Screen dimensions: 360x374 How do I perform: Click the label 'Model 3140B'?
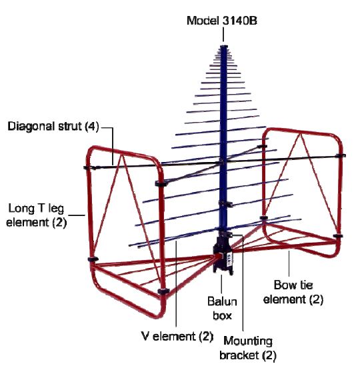point(221,21)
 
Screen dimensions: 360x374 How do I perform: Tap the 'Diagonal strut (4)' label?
point(53,126)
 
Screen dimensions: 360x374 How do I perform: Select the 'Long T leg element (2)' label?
point(36,215)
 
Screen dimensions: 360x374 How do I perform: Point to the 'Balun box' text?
point(222,309)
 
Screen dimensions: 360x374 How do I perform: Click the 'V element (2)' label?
point(177,336)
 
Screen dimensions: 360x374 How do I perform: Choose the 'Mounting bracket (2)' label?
point(248,348)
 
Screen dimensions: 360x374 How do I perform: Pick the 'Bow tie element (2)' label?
point(293,292)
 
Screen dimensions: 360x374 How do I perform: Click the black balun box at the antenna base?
point(223,255)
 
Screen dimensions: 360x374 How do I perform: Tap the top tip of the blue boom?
point(224,46)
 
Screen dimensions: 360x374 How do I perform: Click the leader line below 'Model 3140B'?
point(223,35)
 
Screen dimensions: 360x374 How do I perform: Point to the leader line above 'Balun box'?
point(221,284)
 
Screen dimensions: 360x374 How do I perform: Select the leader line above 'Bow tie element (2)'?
point(289,263)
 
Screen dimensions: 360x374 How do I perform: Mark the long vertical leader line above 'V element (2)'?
point(176,283)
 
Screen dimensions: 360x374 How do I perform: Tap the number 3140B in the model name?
point(239,21)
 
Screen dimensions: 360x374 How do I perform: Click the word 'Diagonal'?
point(32,126)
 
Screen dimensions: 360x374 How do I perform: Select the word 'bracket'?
point(239,355)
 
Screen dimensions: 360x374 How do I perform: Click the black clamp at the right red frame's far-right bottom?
point(338,236)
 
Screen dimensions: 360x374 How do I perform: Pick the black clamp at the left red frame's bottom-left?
point(93,259)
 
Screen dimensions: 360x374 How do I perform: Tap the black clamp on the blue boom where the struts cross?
point(222,162)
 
